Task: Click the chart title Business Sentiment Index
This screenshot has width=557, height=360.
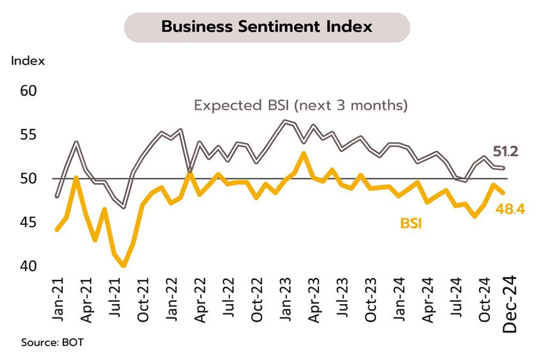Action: [x=267, y=27]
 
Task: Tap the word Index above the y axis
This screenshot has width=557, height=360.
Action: [x=28, y=62]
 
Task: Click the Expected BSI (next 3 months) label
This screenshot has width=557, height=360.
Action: [x=301, y=105]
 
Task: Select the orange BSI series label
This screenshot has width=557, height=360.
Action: [x=410, y=224]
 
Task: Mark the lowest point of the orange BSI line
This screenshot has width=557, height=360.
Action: [x=124, y=266]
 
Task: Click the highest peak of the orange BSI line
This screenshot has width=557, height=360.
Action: [x=303, y=153]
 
